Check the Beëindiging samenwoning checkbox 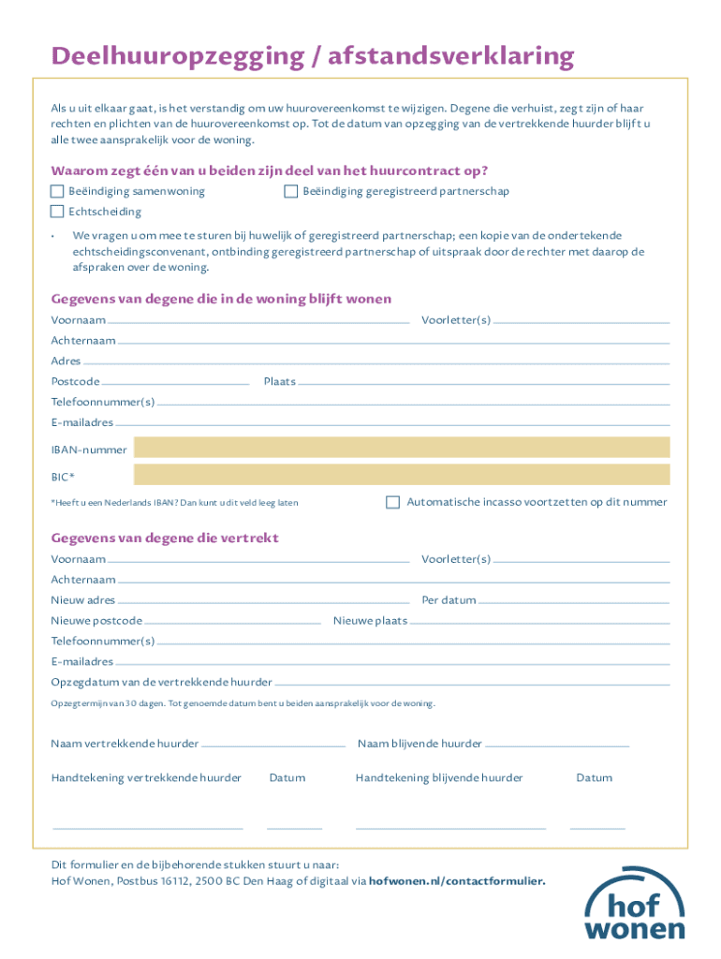(57, 192)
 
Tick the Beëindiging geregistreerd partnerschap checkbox (291, 192)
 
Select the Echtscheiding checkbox (57, 213)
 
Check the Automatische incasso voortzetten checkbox (393, 502)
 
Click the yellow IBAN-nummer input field (403, 448)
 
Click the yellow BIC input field (403, 475)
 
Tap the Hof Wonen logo (635, 905)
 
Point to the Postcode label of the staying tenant (75, 382)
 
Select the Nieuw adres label (83, 600)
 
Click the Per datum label (449, 600)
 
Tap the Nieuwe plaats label (370, 621)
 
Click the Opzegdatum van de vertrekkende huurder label (161, 683)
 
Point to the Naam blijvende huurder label (419, 745)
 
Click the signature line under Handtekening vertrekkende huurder (148, 828)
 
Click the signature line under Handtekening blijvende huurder (450, 828)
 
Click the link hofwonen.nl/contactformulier (457, 881)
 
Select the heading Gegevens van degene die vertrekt (165, 539)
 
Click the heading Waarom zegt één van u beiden (270, 171)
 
